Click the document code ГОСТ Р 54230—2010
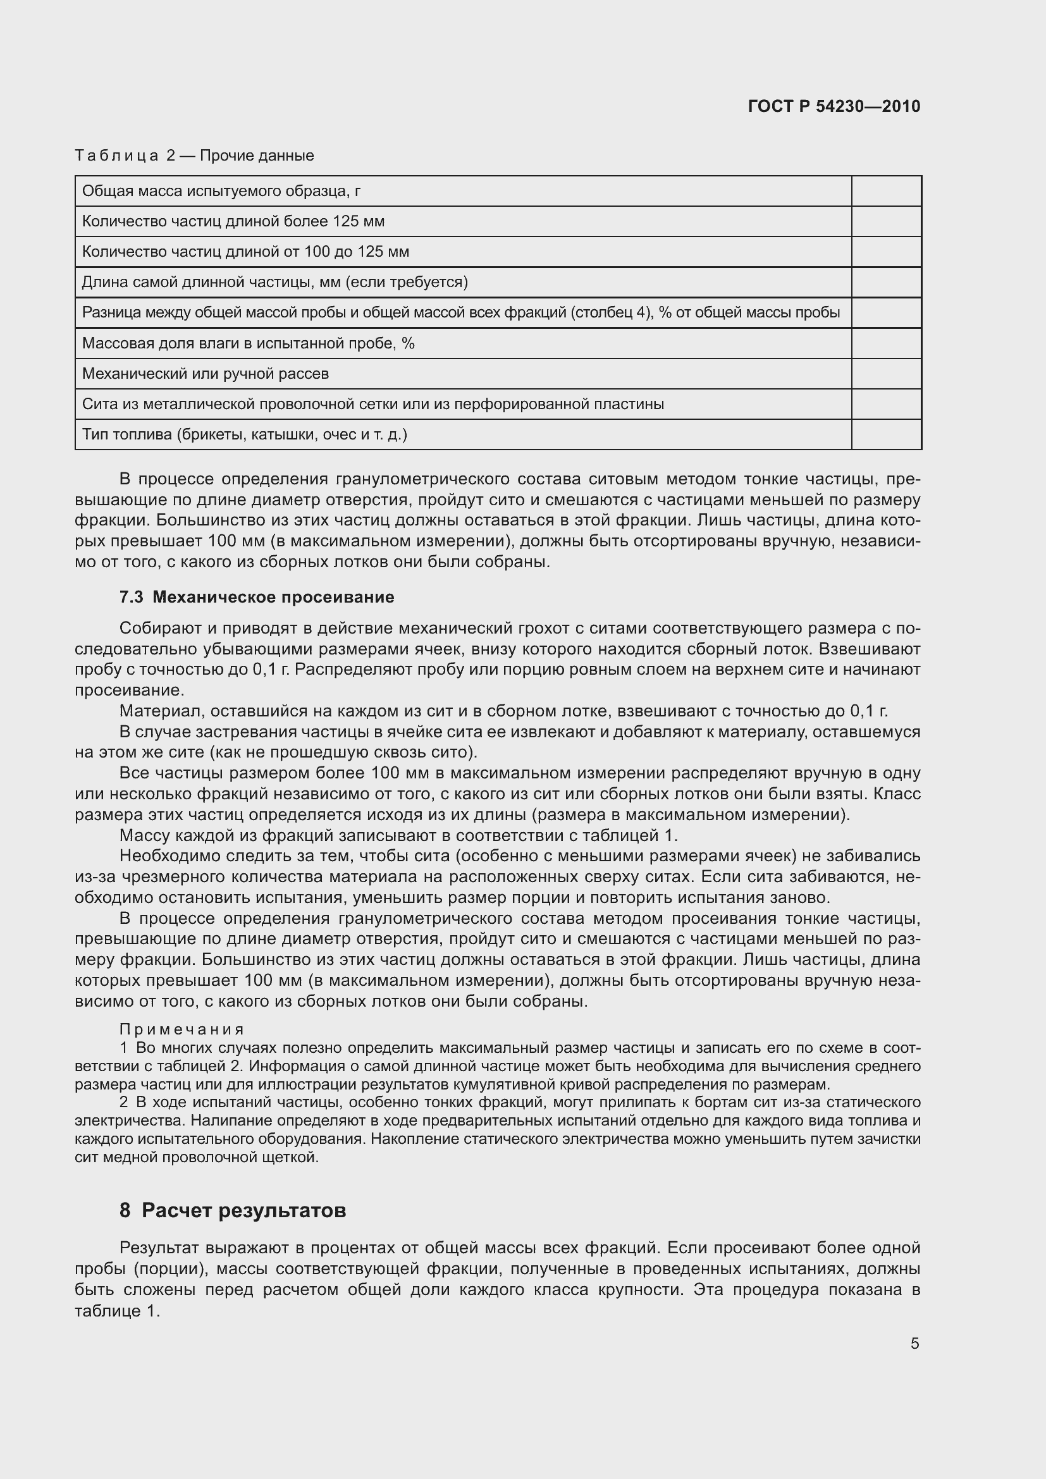pyautogui.click(x=834, y=106)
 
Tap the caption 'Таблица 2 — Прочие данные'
pyautogui.click(x=194, y=156)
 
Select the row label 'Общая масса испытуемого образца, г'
pyautogui.click(x=221, y=191)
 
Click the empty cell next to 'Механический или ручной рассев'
pyautogui.click(x=885, y=374)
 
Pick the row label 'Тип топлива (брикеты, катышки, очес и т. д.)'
pyautogui.click(x=244, y=434)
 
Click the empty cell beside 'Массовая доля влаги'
pyautogui.click(x=885, y=343)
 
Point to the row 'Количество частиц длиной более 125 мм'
pyautogui.click(x=233, y=221)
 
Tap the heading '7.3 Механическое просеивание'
pyautogui.click(x=256, y=597)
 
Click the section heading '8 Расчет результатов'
pyautogui.click(x=233, y=1210)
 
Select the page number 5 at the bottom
pyautogui.click(x=914, y=1343)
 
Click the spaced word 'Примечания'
pyautogui.click(x=182, y=1029)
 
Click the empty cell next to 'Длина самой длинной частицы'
pyautogui.click(x=885, y=282)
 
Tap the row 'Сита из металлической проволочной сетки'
pyautogui.click(x=372, y=404)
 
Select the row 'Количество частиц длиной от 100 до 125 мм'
pyautogui.click(x=245, y=252)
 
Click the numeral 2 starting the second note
pyautogui.click(x=123, y=1102)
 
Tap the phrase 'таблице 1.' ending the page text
pyautogui.click(x=116, y=1311)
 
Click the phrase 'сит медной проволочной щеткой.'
pyautogui.click(x=197, y=1158)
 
